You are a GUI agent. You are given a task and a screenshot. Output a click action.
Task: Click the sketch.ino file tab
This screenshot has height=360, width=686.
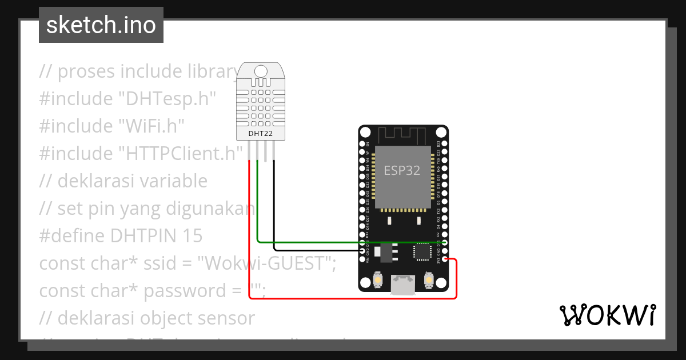(101, 25)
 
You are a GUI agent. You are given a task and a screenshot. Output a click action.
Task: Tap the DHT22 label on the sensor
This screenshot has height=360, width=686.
(260, 134)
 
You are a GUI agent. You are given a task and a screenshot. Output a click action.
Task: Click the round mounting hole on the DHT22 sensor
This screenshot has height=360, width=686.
(261, 71)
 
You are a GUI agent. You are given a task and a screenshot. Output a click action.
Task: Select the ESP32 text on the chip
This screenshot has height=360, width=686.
(402, 171)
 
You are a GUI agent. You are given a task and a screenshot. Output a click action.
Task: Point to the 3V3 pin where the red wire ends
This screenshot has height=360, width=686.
(444, 260)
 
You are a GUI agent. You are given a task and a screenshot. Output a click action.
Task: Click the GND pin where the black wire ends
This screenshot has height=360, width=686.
(362, 250)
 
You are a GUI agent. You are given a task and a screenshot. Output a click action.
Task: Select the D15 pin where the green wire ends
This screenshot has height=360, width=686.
(444, 242)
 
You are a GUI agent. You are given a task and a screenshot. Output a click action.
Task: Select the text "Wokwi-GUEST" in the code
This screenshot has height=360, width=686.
(266, 263)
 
